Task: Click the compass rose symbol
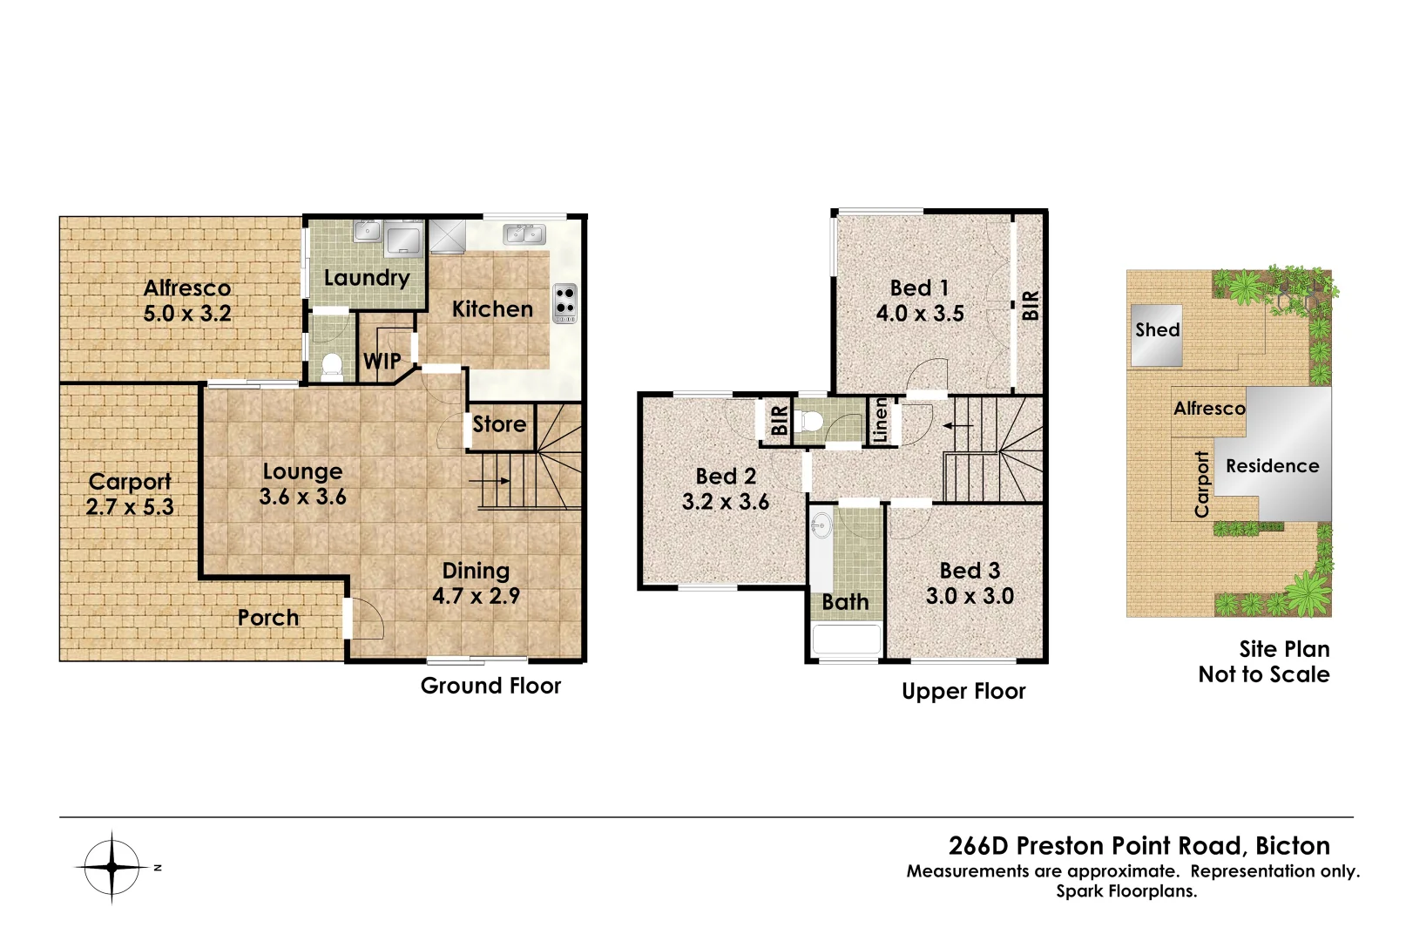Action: (x=112, y=867)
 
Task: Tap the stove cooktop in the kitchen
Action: (x=564, y=302)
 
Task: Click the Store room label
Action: (x=499, y=424)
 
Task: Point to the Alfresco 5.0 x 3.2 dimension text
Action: (x=187, y=314)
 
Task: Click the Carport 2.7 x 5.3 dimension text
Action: (x=130, y=506)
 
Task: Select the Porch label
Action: (x=268, y=618)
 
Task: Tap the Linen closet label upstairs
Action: (x=880, y=420)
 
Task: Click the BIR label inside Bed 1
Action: (x=1030, y=305)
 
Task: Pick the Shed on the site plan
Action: (x=1156, y=335)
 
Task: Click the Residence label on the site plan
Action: (x=1272, y=466)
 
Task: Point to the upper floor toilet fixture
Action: (x=811, y=421)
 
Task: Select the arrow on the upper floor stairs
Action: (x=958, y=426)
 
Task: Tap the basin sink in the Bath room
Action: (x=821, y=525)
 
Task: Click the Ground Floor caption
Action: (x=490, y=686)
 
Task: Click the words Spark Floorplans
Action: (x=1126, y=891)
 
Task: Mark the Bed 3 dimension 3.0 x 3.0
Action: (x=970, y=596)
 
